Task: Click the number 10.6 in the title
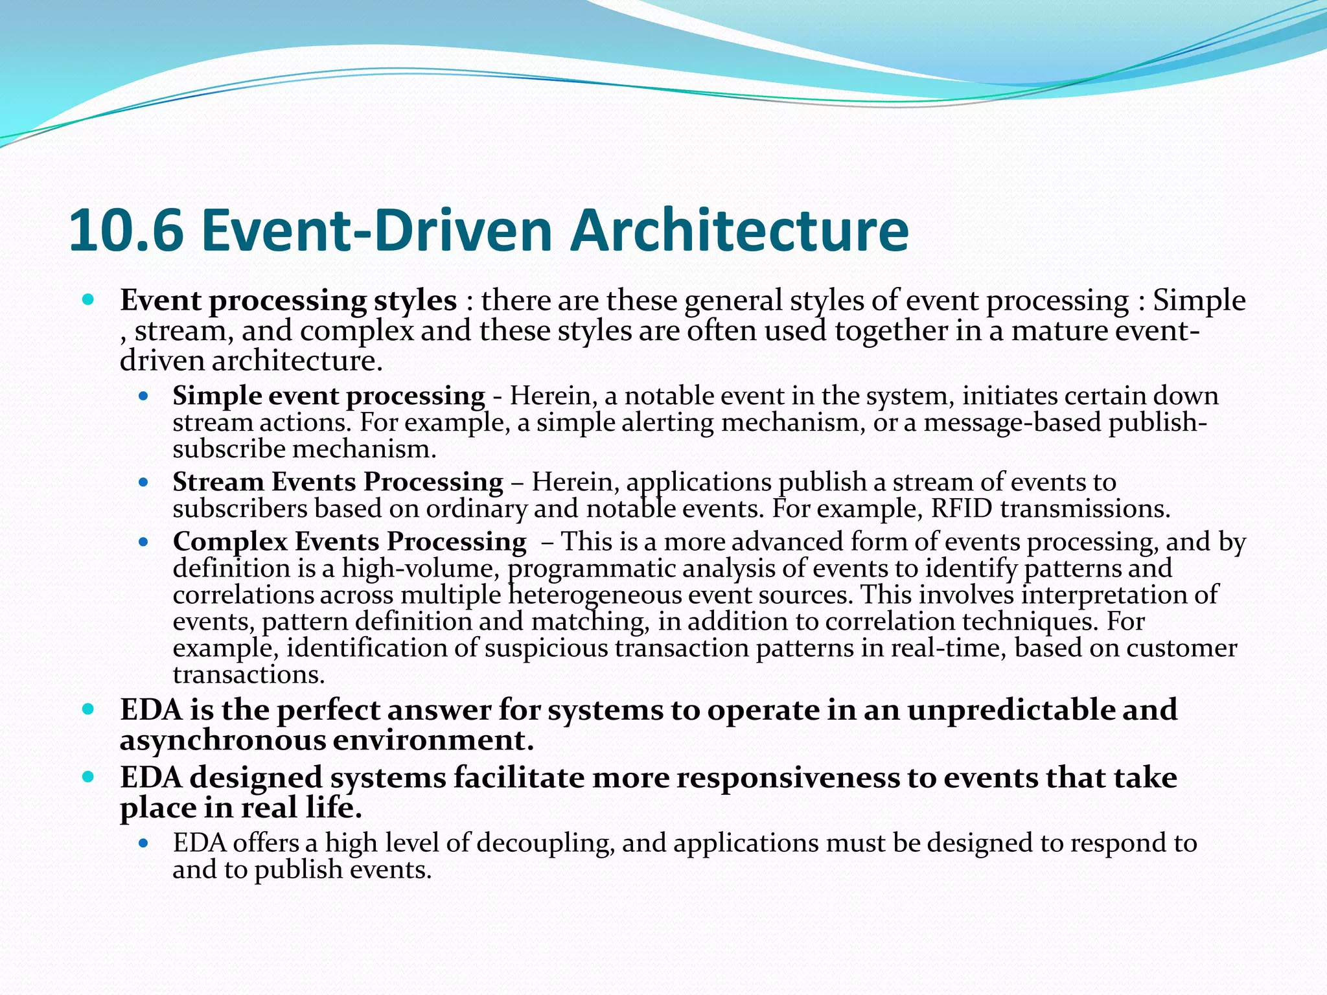point(126,231)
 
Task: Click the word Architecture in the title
point(739,231)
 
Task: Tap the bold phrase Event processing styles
point(288,301)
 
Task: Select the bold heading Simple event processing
point(329,396)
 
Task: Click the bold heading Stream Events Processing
point(338,482)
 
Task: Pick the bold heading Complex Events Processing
point(349,542)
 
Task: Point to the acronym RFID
point(962,509)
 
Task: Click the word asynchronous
point(222,740)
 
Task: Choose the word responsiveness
point(785,777)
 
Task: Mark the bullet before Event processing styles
point(89,300)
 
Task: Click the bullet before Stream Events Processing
point(144,483)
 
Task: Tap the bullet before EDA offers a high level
point(144,843)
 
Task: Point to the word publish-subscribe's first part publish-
point(1157,422)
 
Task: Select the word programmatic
point(591,568)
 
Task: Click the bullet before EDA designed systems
point(89,776)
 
